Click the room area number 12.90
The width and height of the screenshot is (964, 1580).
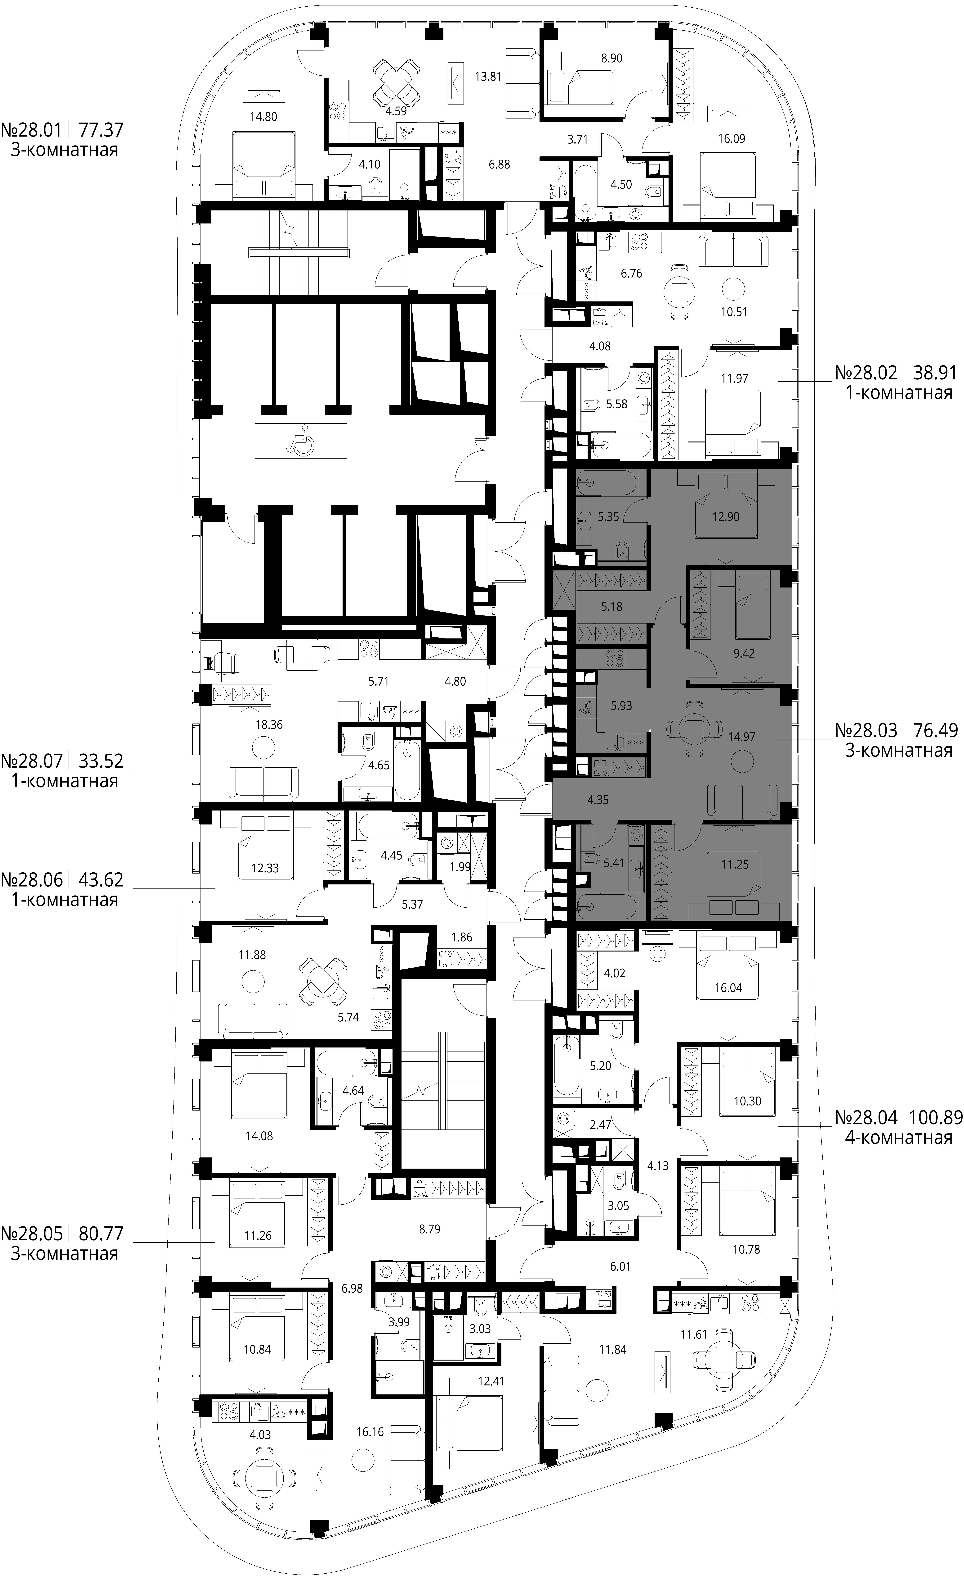click(x=726, y=516)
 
